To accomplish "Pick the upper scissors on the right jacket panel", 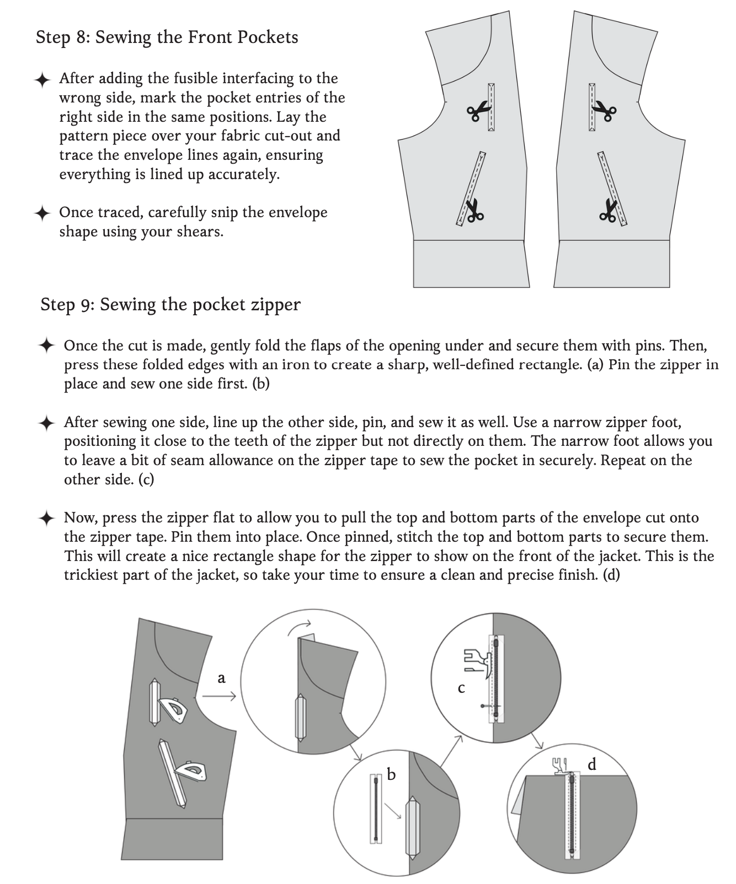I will coord(605,112).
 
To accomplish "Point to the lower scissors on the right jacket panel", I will coord(609,211).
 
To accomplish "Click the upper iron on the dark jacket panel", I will coord(173,709).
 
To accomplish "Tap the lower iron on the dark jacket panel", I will coord(191,770).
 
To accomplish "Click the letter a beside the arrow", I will coord(222,678).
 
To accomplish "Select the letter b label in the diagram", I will coord(391,775).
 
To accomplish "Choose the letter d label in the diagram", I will coord(592,764).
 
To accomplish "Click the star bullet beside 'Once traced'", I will coord(42,213).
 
